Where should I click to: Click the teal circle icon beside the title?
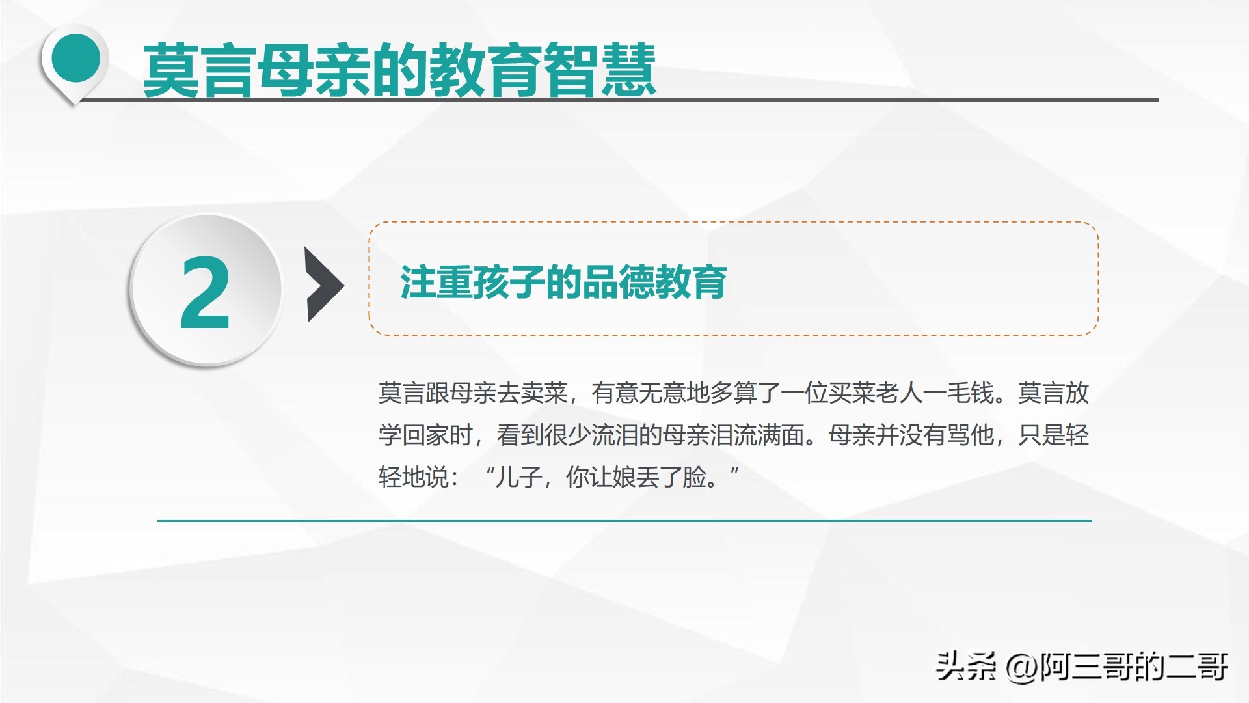(x=75, y=59)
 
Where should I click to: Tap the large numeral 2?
(x=205, y=292)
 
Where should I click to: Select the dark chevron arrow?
(x=325, y=284)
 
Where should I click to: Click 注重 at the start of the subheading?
(x=436, y=282)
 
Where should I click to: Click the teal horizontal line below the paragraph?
(x=624, y=521)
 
